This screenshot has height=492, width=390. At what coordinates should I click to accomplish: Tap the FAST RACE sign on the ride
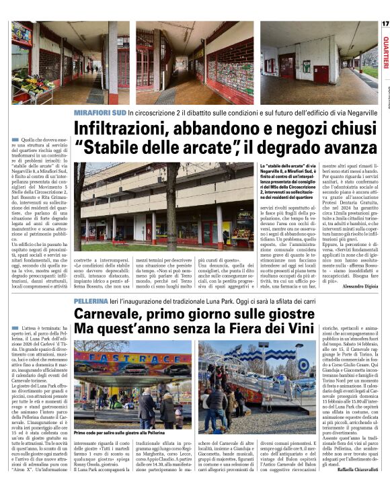click(128, 358)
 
